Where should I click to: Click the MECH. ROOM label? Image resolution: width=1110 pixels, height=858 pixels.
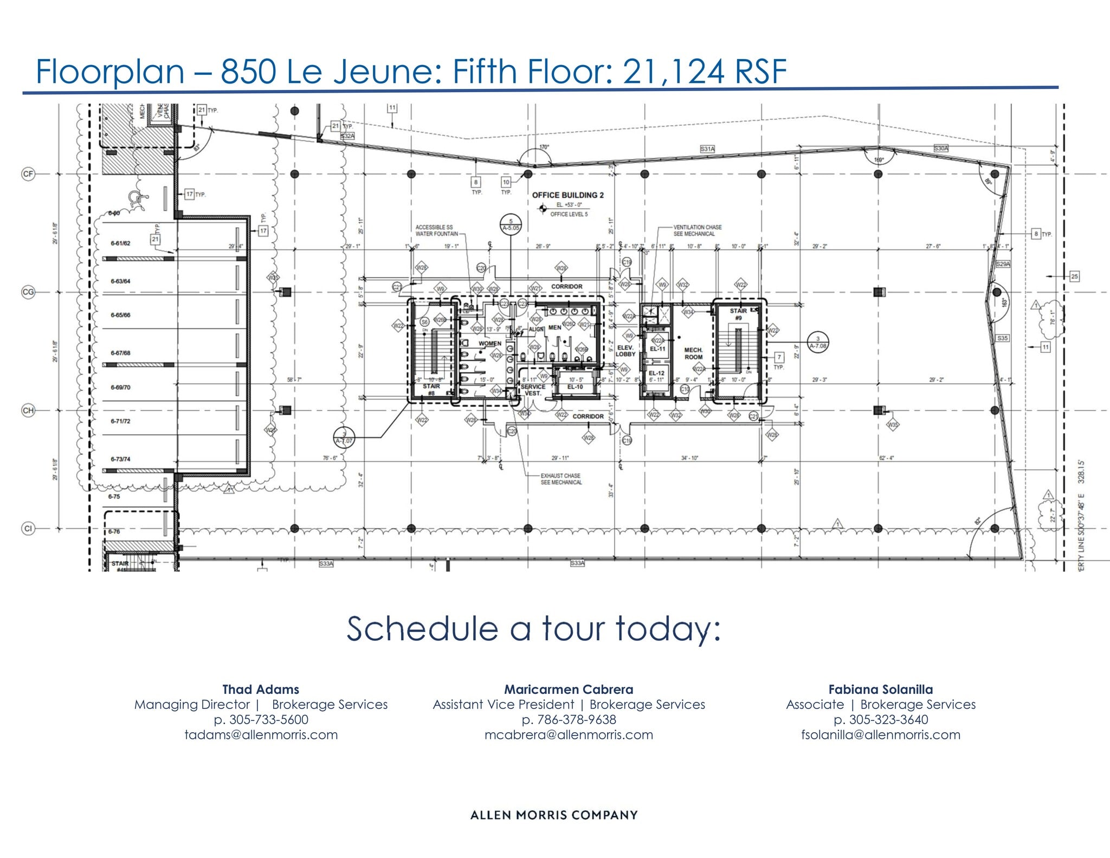point(693,353)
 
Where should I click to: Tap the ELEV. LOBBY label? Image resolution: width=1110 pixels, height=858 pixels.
point(625,351)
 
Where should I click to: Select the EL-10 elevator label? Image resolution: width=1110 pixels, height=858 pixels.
point(575,386)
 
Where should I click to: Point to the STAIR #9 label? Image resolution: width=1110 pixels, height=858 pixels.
point(738,314)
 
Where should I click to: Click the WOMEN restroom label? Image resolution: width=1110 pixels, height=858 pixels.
point(489,344)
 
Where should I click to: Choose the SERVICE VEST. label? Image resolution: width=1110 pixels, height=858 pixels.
point(533,390)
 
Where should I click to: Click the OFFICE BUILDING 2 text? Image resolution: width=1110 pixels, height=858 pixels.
point(567,195)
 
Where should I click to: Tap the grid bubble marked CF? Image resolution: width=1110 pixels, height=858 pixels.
point(28,174)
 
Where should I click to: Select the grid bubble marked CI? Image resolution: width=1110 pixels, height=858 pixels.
point(28,528)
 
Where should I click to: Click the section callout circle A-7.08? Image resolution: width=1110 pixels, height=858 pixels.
point(817,342)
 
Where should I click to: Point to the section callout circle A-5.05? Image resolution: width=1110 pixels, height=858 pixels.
point(510,224)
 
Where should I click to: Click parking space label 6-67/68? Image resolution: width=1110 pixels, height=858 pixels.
point(120,353)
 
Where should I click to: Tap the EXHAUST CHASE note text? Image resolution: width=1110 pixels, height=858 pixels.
point(561,479)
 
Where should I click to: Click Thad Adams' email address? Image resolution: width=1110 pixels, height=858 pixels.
point(261,735)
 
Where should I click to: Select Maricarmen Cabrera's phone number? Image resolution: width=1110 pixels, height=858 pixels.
point(569,720)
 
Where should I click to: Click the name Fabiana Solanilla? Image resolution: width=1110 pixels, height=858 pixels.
point(880,689)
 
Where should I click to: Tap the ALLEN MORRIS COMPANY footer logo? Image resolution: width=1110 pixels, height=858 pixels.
point(554,815)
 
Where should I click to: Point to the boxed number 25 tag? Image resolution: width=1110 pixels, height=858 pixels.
point(1074,276)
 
